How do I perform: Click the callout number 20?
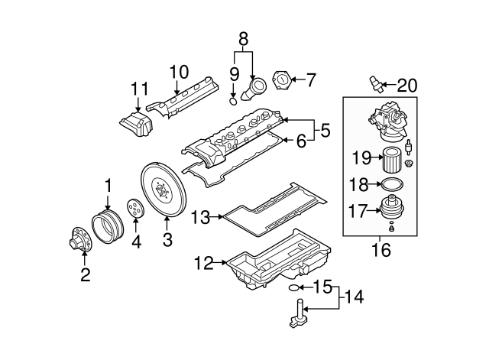tap(407, 86)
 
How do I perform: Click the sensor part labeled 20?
tap(374, 82)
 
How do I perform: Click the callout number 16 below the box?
tap(379, 248)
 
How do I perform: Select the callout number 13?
tap(200, 217)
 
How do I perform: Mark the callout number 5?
tap(325, 131)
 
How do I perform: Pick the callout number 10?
tap(178, 73)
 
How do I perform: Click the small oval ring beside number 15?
tap(293, 288)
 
